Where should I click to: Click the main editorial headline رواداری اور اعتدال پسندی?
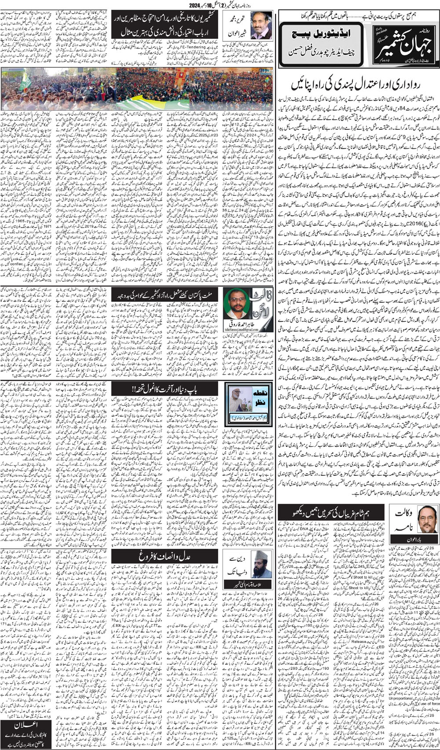coord(358,84)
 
